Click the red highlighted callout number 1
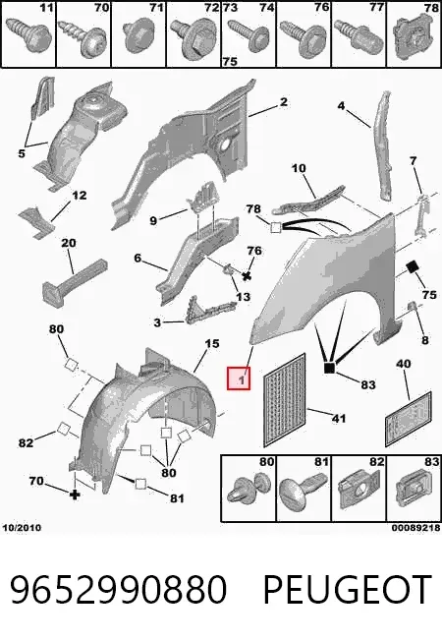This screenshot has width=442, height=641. (239, 379)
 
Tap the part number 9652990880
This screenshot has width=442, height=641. (118, 589)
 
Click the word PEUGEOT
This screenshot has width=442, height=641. (348, 589)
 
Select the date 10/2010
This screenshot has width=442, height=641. (22, 527)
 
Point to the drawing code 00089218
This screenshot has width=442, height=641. (416, 528)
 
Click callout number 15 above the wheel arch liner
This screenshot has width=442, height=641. (212, 343)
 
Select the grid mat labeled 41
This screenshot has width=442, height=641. (285, 401)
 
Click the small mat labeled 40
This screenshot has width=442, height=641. (409, 419)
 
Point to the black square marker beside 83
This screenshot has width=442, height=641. (329, 368)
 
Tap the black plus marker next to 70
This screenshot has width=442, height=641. (75, 495)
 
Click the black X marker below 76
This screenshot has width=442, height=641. (247, 276)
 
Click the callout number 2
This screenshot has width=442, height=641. (284, 102)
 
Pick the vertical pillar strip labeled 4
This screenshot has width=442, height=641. (383, 146)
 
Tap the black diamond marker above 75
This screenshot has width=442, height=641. (413, 267)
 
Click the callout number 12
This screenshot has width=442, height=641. (79, 196)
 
